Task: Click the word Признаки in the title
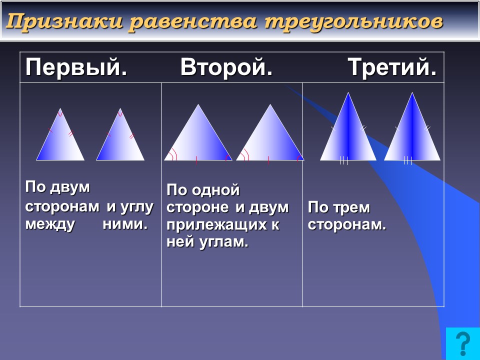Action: point(64,21)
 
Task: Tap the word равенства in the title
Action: point(193,21)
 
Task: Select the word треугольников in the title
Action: point(354,21)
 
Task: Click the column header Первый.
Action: point(76,67)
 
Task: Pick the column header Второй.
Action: point(226,67)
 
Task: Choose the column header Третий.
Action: point(392,67)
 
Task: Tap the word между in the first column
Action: point(50,224)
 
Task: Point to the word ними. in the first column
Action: point(125,224)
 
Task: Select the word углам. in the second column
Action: point(223,242)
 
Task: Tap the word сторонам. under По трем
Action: point(347,225)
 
